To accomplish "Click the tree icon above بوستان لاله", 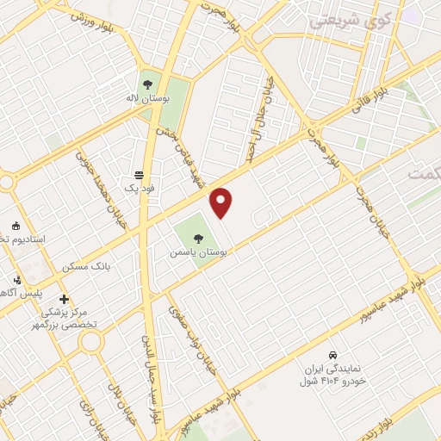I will point(147,84).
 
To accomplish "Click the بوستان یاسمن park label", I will point(199,254).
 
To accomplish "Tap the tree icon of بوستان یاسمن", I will point(199,239).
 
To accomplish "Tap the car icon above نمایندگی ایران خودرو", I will point(332,354).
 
